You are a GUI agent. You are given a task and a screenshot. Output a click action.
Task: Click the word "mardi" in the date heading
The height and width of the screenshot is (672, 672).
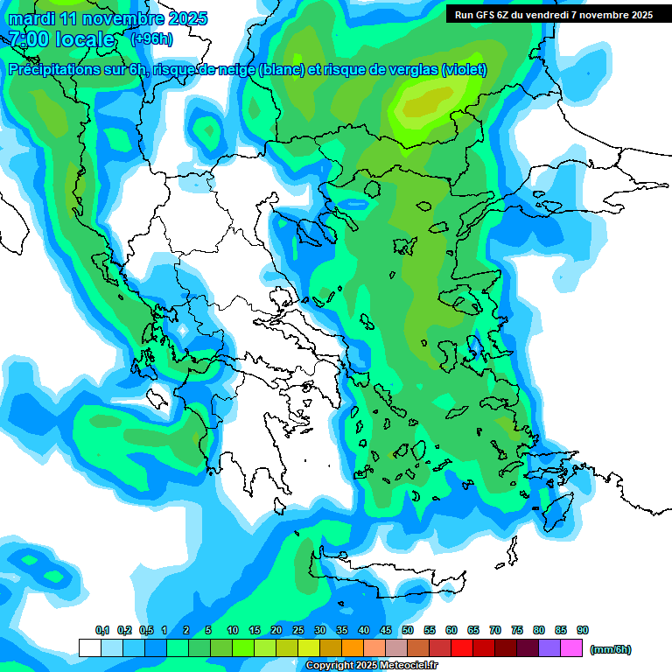pyautogui.click(x=31, y=18)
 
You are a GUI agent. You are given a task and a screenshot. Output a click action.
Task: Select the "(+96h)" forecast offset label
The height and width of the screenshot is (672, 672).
pyautogui.click(x=152, y=39)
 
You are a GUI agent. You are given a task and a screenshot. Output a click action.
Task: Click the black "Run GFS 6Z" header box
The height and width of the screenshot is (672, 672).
pyautogui.click(x=554, y=15)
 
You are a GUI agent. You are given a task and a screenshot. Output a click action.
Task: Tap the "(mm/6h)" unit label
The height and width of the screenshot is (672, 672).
pyautogui.click(x=610, y=649)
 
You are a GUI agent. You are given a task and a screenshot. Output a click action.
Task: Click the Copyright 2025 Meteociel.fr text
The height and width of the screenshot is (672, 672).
pyautogui.click(x=371, y=666)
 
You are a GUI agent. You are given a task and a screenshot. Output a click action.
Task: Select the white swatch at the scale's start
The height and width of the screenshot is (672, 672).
pyautogui.click(x=89, y=647)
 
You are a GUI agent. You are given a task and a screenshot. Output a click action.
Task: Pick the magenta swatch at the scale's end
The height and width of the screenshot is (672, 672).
pyautogui.click(x=571, y=647)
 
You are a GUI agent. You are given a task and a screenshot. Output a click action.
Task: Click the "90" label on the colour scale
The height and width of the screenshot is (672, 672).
pyautogui.click(x=583, y=630)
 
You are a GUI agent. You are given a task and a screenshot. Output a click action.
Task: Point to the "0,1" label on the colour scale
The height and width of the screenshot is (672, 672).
pyautogui.click(x=101, y=630)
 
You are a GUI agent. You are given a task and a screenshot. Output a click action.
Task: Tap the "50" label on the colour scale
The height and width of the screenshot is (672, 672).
pyautogui.click(x=408, y=630)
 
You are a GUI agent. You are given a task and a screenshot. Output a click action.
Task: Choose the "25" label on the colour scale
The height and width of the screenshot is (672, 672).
pyautogui.click(x=298, y=630)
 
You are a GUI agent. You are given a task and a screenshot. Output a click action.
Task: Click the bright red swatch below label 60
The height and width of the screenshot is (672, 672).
pyautogui.click(x=462, y=647)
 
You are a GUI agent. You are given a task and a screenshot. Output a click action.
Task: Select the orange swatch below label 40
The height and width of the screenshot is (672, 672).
pyautogui.click(x=353, y=647)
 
